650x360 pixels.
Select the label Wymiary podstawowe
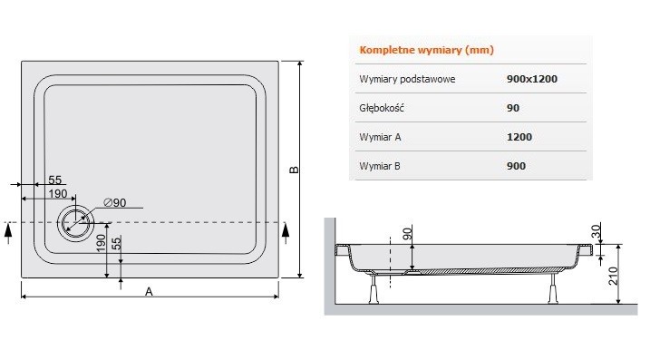tap(407, 79)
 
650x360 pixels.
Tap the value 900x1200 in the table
tap(532, 79)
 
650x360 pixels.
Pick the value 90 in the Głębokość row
tap(513, 108)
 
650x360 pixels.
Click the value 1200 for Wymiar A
tap(519, 137)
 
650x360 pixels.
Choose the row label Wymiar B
tap(381, 166)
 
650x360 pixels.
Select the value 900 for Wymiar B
tap(517, 166)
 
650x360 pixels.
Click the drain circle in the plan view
tap(74, 221)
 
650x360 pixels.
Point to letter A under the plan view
tap(149, 291)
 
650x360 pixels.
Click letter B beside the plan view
tap(294, 170)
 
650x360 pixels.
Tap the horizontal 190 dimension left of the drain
tap(55, 194)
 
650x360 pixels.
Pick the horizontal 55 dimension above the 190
tap(54, 180)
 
